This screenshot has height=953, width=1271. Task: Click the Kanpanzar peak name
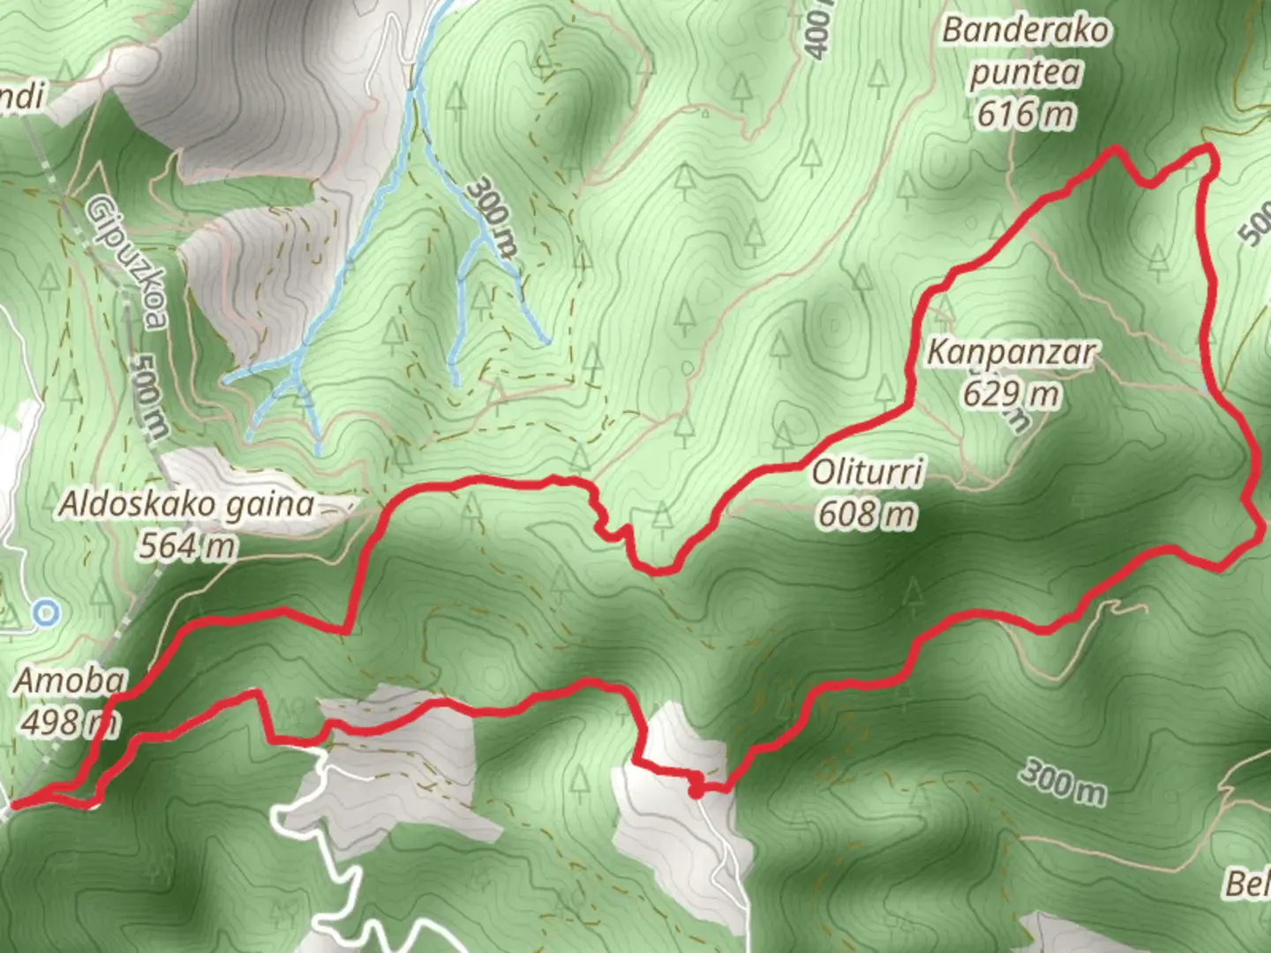[x=1011, y=353]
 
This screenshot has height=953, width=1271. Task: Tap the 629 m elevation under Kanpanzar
[x=1011, y=393]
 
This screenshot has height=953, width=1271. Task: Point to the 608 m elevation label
[x=866, y=514]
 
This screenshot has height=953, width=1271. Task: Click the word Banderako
[x=1025, y=31]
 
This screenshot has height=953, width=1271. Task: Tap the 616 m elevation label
[x=1025, y=114]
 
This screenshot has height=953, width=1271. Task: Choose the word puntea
[x=1025, y=72]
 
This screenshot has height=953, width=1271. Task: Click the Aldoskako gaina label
[x=186, y=505]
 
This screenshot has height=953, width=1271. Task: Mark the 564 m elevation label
[x=186, y=546]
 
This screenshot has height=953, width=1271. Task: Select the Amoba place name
[x=71, y=681]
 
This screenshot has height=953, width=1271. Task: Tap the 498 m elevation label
[x=69, y=723]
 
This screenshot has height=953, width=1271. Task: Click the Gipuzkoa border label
[x=125, y=261]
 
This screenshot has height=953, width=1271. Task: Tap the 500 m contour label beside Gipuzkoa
[x=148, y=397]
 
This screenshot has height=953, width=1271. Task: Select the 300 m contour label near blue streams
[x=492, y=216]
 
